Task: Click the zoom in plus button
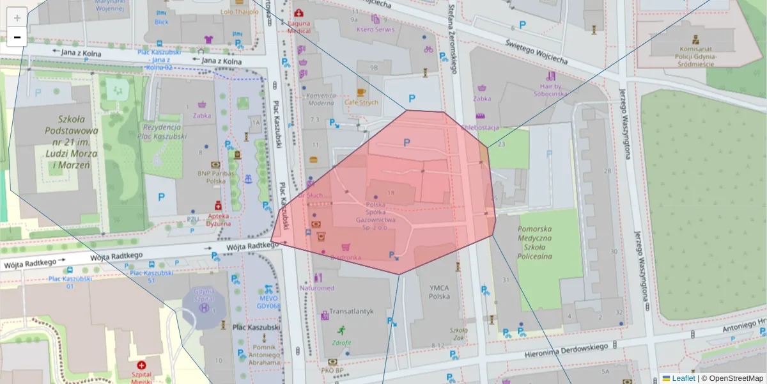(17, 17)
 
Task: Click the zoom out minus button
(17, 37)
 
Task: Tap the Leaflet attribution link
(683, 378)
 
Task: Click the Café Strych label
(361, 102)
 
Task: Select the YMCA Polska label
(439, 292)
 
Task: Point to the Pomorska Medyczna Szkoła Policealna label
(534, 243)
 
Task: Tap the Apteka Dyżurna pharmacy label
(219, 220)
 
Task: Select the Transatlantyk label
(351, 312)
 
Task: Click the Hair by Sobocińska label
(554, 90)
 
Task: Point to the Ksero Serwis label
(375, 29)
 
